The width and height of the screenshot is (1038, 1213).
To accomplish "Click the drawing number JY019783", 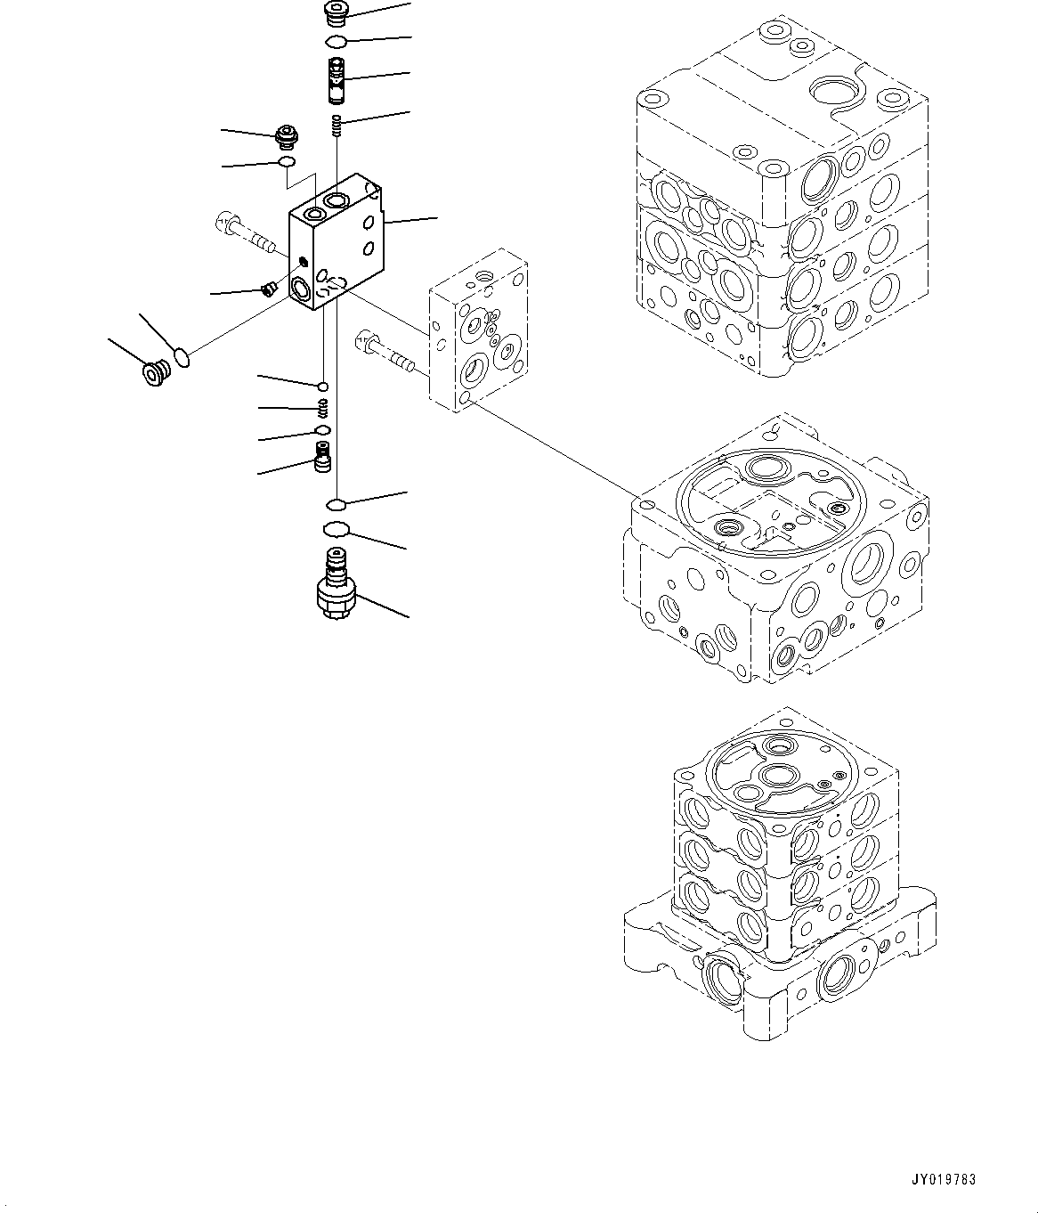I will [943, 1180].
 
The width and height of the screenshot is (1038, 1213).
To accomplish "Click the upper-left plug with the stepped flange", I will [287, 137].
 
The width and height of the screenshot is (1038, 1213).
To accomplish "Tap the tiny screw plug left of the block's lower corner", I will [267, 287].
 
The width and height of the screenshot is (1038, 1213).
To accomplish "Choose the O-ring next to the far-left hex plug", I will [182, 357].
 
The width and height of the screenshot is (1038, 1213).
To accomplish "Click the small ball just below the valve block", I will [322, 386].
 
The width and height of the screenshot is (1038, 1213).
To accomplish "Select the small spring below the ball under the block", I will [324, 408].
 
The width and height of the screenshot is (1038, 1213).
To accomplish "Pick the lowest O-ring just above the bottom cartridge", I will [334, 530].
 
